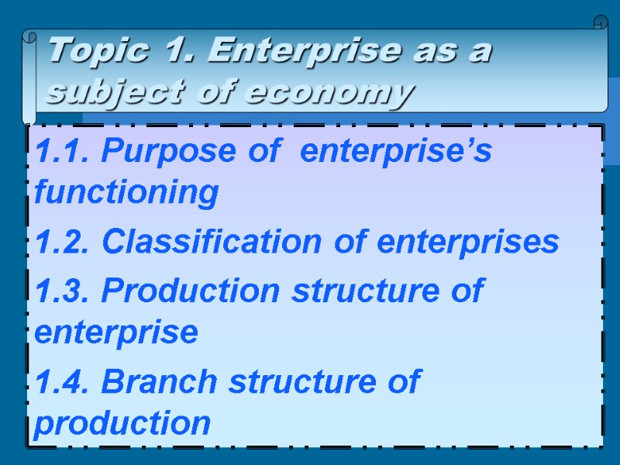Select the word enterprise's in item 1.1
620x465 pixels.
395,153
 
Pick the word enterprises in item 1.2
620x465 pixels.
468,243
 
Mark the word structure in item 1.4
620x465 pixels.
301,382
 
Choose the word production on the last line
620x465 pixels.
122,423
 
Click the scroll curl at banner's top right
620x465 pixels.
600,22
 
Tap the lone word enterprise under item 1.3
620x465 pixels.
116,333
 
